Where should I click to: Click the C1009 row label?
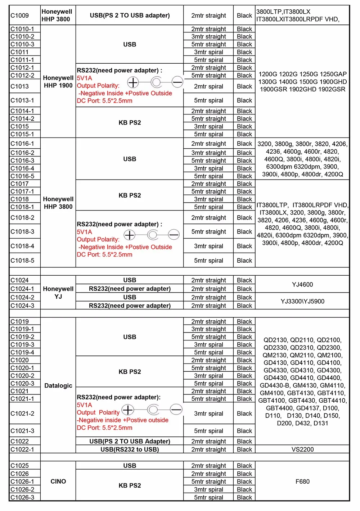(x=20, y=15)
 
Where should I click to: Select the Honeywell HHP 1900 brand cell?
(x=58, y=82)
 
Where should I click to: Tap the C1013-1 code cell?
(x=22, y=100)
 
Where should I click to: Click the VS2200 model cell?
(x=302, y=449)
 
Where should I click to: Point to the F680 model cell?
(x=302, y=481)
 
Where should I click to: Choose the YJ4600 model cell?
(x=302, y=285)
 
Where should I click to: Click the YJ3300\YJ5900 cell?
(x=302, y=301)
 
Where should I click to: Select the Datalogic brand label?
(x=58, y=386)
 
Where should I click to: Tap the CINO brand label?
(x=58, y=481)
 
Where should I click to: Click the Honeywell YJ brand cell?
(x=58, y=293)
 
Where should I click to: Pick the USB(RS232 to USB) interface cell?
(x=130, y=449)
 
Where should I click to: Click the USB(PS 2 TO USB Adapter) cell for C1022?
(x=130, y=442)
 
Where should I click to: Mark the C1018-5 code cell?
(x=22, y=261)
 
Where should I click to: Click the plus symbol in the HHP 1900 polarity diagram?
(x=133, y=82)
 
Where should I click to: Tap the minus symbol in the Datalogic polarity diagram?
(x=176, y=410)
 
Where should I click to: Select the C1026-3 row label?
(x=22, y=497)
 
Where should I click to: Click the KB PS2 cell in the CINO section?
(x=130, y=485)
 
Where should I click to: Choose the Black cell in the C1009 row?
(x=244, y=15)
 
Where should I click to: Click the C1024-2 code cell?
(x=22, y=298)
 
